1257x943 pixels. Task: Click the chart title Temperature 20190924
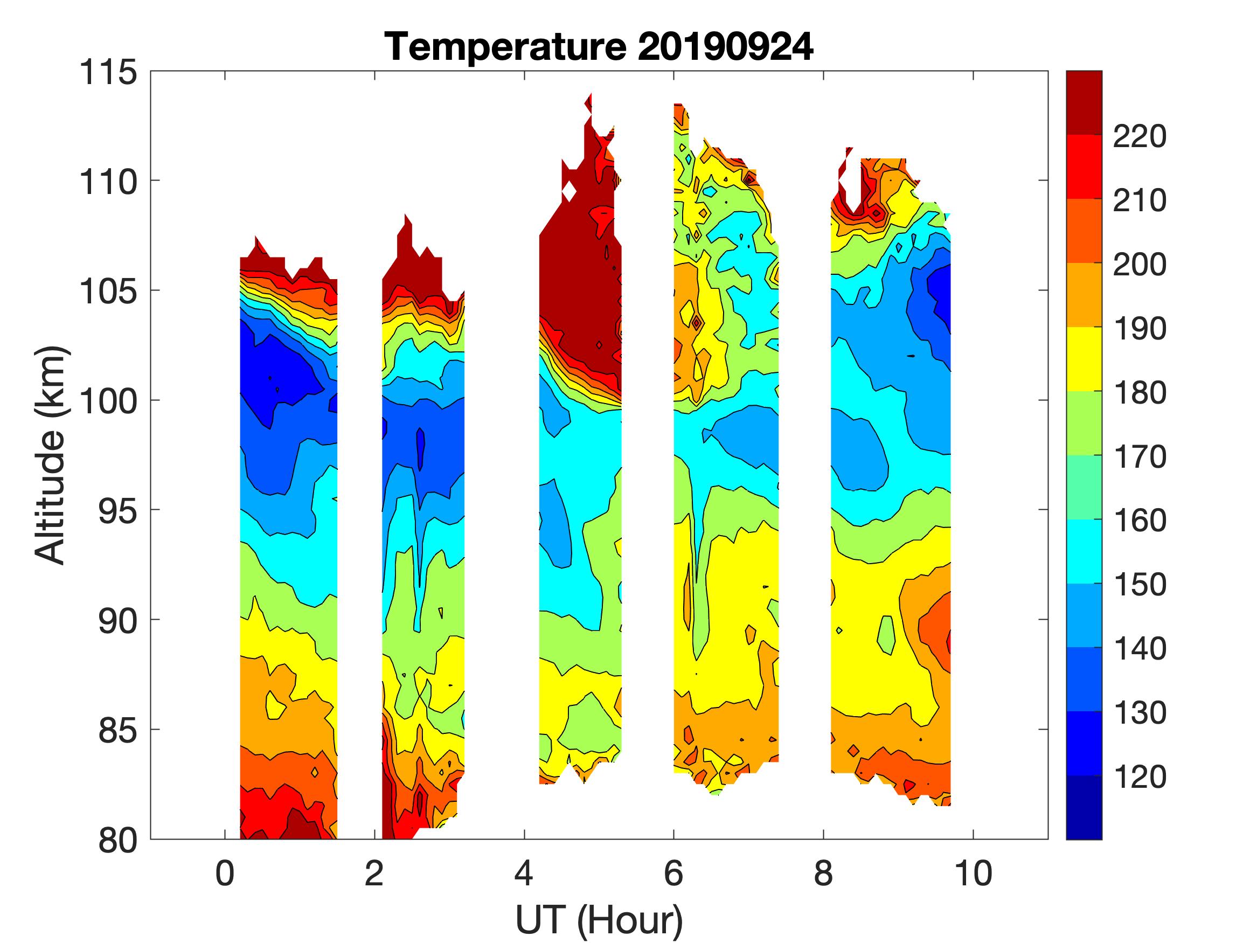(x=599, y=46)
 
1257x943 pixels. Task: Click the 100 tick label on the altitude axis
(x=108, y=401)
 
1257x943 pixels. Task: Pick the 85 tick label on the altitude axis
(x=118, y=730)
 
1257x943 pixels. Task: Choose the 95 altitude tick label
(x=118, y=510)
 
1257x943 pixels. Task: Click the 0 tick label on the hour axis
(x=225, y=873)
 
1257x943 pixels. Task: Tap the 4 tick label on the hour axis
(x=524, y=873)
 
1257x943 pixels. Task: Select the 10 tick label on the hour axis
(x=974, y=873)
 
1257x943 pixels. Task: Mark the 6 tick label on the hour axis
(x=673, y=873)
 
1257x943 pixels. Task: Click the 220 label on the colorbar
(x=1140, y=136)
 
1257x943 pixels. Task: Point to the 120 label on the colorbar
(x=1140, y=776)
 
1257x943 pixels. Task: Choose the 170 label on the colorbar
(x=1140, y=456)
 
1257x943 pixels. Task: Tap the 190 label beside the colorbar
(x=1140, y=329)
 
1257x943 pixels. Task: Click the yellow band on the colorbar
(x=1084, y=359)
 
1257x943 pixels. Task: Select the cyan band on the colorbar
(x=1084, y=551)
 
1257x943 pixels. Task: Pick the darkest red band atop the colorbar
(x=1084, y=102)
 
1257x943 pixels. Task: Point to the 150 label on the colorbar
(x=1140, y=584)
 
